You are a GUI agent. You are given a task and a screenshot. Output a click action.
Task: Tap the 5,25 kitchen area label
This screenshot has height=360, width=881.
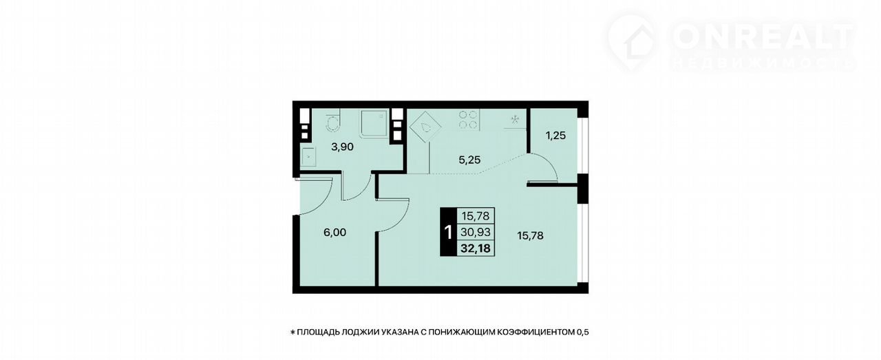[469, 160]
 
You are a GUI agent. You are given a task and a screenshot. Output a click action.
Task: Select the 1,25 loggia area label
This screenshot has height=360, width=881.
[555, 136]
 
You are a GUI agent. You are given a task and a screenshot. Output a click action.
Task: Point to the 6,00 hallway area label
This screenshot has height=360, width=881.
[335, 233]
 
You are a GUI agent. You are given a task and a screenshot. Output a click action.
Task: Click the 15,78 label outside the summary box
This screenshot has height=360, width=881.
[530, 235]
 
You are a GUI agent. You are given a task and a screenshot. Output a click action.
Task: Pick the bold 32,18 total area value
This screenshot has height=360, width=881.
[475, 248]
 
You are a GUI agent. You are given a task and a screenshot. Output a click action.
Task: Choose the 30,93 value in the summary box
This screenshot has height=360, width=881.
[476, 232]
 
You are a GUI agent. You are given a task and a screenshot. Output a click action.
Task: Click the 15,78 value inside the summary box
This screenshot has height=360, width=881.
[476, 216]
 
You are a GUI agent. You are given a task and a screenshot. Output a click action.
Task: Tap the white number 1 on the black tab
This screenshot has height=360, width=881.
[448, 233]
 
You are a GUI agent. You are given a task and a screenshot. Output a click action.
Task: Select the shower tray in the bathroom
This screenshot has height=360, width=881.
[373, 123]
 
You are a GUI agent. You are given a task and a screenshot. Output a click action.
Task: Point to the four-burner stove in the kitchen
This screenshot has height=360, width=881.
[469, 120]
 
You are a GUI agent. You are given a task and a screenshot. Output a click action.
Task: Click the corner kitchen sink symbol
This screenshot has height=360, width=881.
[425, 127]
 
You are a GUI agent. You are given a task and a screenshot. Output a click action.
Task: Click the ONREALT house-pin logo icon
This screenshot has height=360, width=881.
[632, 43]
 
